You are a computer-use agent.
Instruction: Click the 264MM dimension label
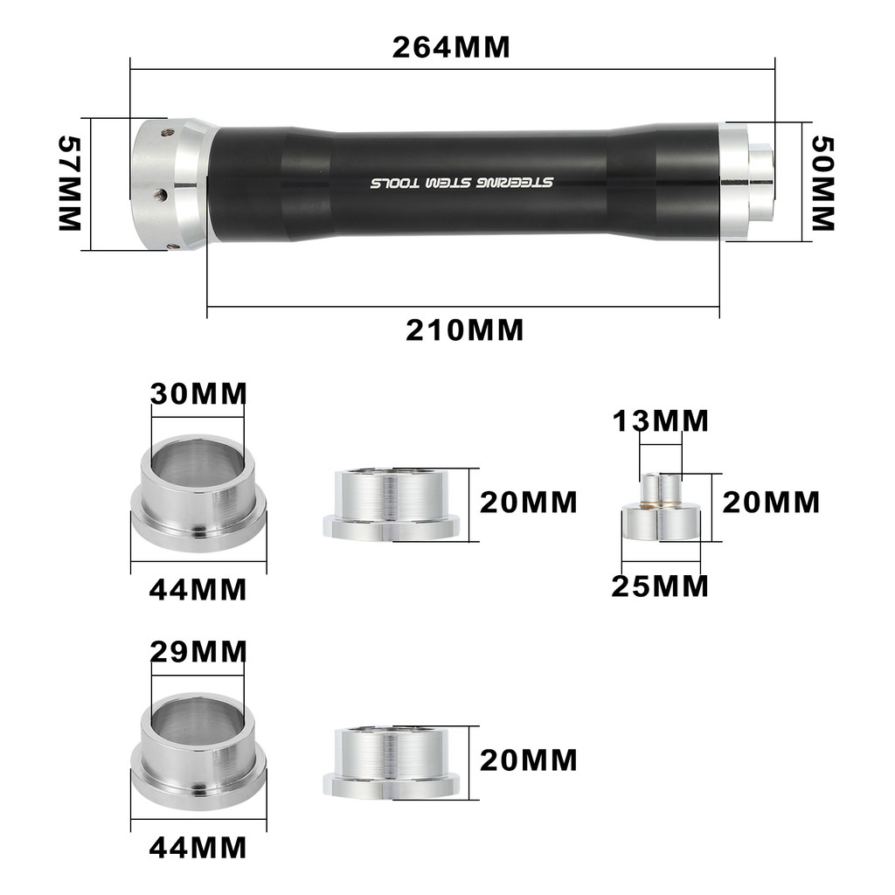451,47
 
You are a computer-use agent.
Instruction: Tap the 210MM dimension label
465,330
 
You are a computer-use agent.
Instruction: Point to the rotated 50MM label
823,184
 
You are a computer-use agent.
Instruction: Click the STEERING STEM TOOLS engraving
461,183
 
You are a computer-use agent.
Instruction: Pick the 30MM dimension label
198,394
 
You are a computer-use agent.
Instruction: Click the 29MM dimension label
198,652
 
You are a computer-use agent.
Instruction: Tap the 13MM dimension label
661,421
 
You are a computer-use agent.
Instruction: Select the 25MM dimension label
660,586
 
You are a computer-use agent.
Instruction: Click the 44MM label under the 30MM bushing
198,590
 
